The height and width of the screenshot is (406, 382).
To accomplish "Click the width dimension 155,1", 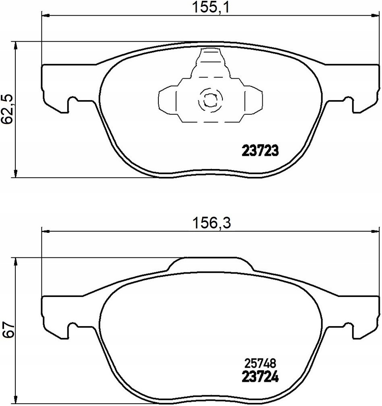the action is (211, 8).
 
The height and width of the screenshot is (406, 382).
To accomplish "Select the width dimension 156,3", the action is (212, 223).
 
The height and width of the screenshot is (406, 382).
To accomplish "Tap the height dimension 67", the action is (8, 329).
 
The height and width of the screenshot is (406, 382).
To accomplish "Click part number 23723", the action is (260, 151).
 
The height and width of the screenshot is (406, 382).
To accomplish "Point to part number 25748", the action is (260, 364).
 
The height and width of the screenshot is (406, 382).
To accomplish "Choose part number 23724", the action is (260, 377).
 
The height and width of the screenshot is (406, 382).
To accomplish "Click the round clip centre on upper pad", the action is (210, 100).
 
